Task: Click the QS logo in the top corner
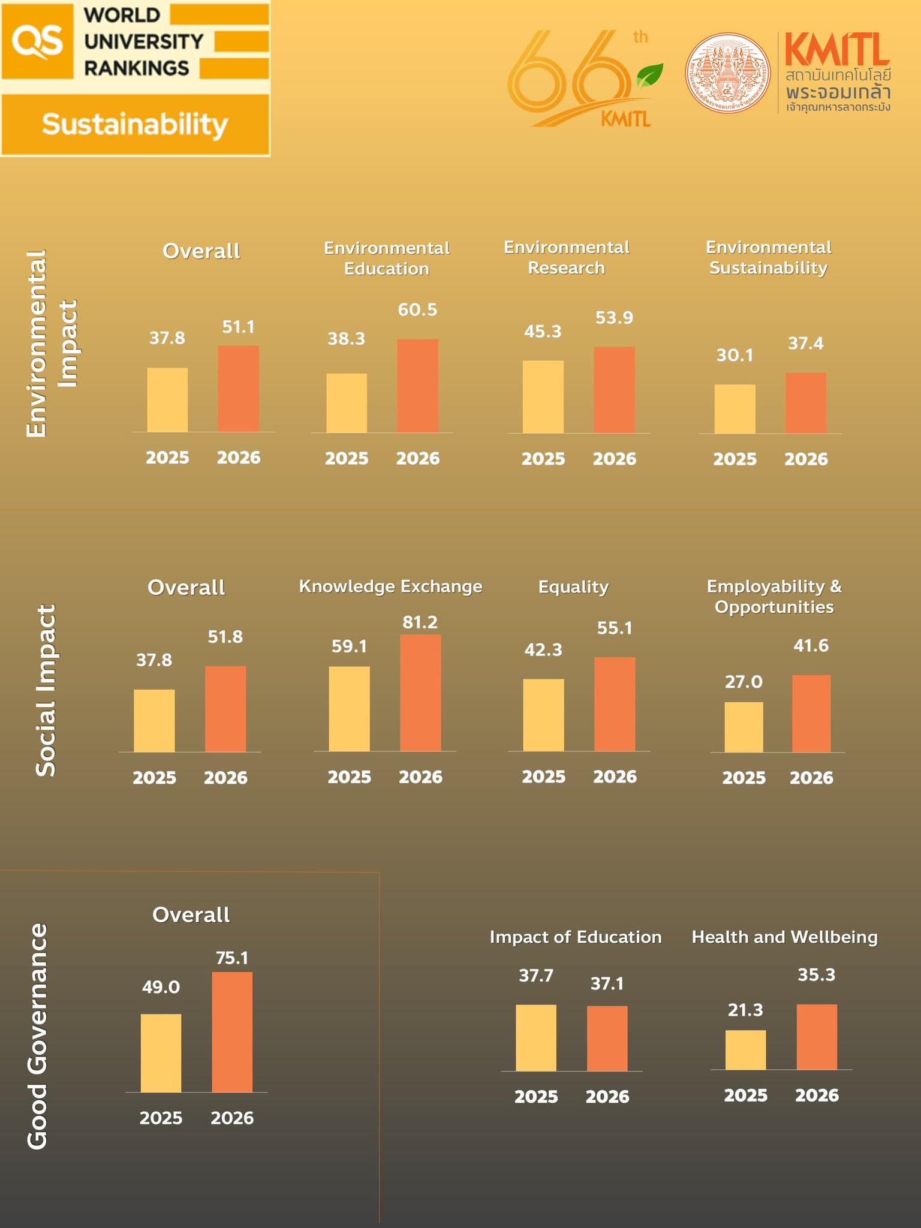(37, 41)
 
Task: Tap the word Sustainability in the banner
(135, 125)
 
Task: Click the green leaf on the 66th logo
(649, 75)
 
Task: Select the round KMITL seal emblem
(729, 73)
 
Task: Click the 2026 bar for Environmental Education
(418, 386)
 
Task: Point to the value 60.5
(418, 310)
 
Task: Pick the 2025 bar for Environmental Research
(543, 396)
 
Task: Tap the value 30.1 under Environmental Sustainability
(735, 356)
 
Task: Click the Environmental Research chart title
(567, 257)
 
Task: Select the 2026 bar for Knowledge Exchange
(420, 693)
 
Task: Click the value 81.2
(420, 622)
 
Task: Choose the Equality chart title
(573, 586)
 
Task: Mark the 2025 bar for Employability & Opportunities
(744, 727)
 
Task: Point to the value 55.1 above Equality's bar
(615, 628)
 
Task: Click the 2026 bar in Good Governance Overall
(232, 1032)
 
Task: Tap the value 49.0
(161, 987)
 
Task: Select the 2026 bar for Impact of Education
(607, 1039)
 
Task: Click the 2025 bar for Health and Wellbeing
(745, 1050)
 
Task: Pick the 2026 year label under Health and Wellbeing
(817, 1095)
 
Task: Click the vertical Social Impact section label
(46, 690)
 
